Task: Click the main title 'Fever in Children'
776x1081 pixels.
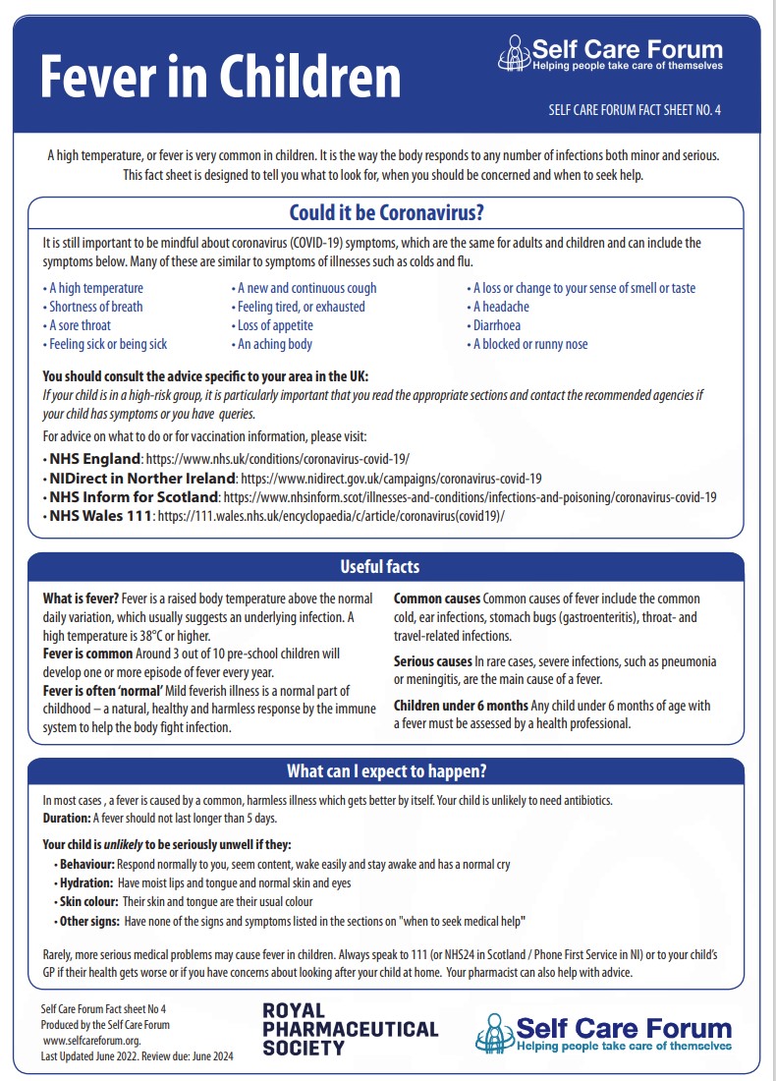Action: click(x=220, y=76)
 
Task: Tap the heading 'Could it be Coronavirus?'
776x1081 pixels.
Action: click(x=386, y=213)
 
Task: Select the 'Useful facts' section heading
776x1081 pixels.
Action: click(x=379, y=567)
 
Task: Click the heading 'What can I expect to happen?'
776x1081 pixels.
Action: click(x=386, y=770)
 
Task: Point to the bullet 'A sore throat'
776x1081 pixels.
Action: click(x=78, y=325)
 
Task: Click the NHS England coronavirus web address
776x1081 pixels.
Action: click(x=277, y=459)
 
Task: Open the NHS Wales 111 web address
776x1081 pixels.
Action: click(x=330, y=516)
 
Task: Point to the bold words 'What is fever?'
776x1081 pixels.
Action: click(x=81, y=598)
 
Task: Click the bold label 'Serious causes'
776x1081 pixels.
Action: click(x=432, y=661)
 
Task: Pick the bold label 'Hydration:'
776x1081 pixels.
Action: click(x=86, y=882)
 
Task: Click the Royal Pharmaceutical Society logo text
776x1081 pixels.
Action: click(x=350, y=1029)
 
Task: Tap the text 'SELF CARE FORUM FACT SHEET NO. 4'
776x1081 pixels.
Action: click(x=635, y=110)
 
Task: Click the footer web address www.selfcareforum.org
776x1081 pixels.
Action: click(x=91, y=1040)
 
